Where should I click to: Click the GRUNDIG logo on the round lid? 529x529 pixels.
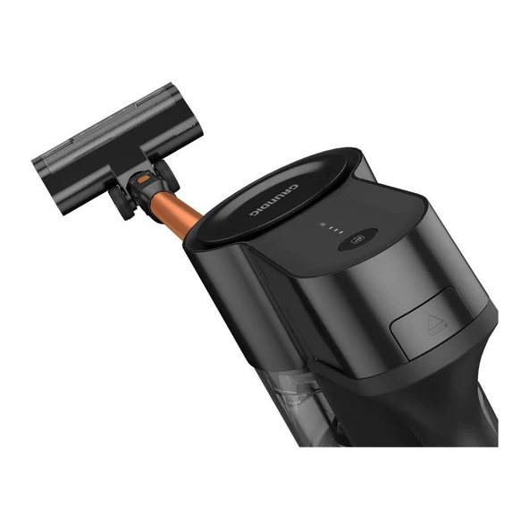[x=274, y=200]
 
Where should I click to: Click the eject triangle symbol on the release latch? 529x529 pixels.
[x=438, y=325]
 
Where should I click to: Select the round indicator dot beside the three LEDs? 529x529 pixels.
[x=323, y=224]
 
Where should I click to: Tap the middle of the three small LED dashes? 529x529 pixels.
[x=336, y=230]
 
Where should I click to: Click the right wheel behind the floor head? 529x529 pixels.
[x=166, y=174]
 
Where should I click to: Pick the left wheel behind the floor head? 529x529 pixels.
[x=122, y=203]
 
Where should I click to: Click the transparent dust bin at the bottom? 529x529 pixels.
[x=297, y=405]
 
